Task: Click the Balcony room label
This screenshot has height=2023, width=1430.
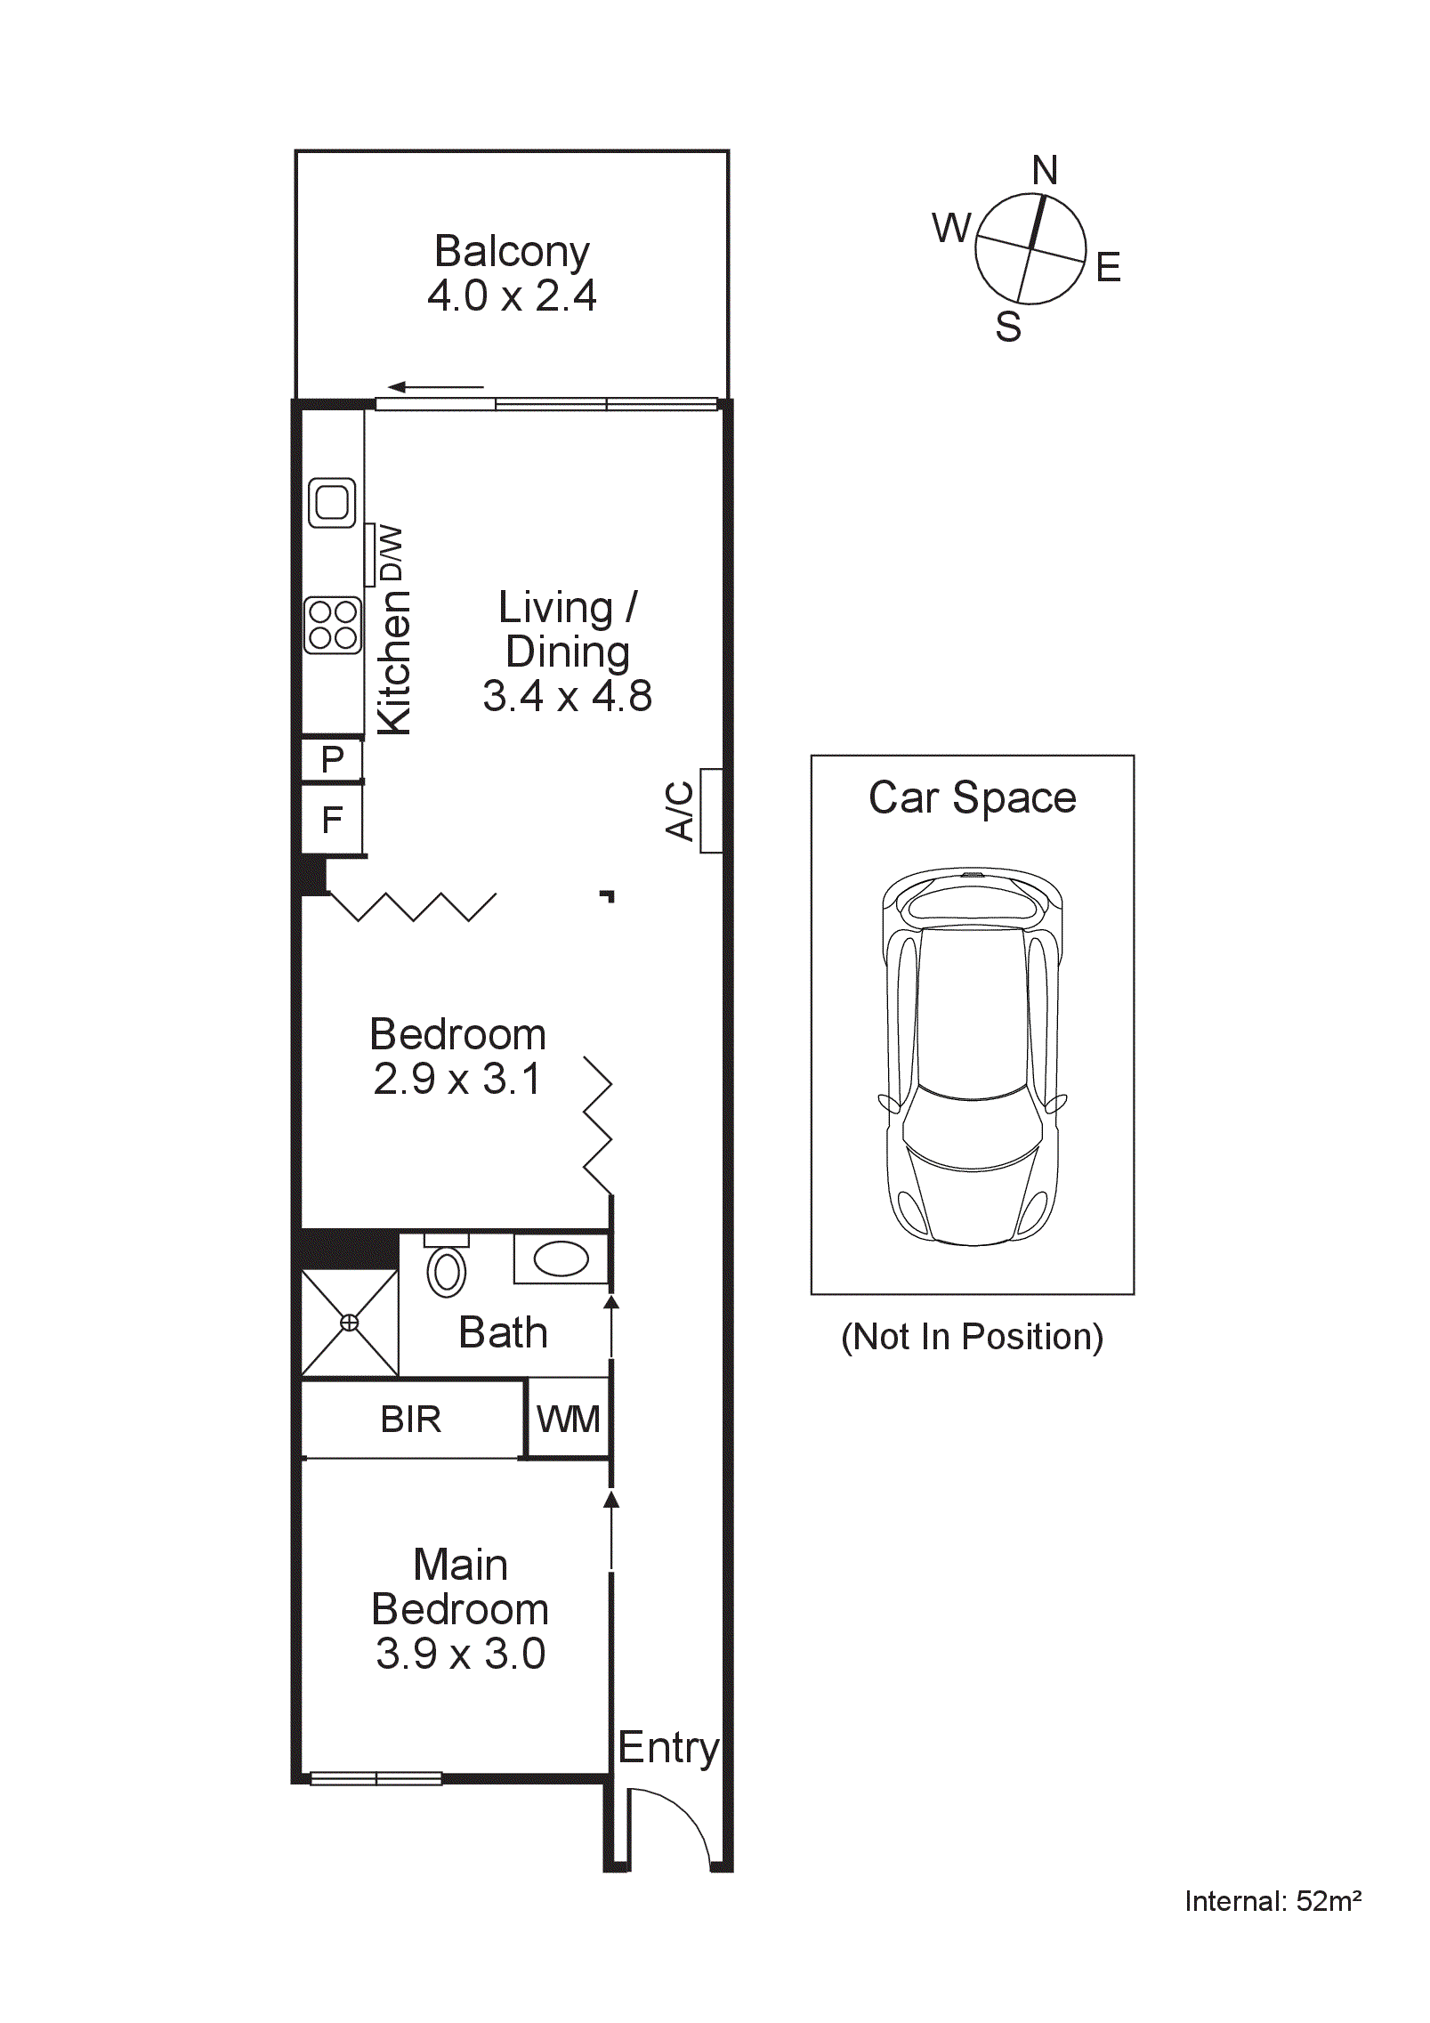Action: [511, 252]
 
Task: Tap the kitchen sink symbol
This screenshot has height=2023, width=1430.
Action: [332, 503]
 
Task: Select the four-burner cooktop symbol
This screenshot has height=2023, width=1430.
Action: [333, 625]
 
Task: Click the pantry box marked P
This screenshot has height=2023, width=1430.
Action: [332, 759]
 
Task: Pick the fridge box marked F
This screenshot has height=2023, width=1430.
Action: [332, 819]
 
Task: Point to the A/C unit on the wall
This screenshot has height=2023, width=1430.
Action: [710, 811]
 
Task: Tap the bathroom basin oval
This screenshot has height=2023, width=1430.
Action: [561, 1258]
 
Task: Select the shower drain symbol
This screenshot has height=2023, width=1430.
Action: [350, 1323]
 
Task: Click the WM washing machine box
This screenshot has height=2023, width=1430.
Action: [568, 1419]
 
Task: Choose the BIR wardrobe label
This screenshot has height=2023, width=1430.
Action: [410, 1419]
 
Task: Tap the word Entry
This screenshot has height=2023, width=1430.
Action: [667, 1747]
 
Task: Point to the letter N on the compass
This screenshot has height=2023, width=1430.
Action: [1045, 170]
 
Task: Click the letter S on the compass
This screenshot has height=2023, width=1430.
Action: [1008, 327]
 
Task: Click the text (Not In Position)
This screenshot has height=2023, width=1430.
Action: [972, 1337]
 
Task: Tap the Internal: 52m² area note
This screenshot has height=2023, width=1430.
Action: [1272, 1901]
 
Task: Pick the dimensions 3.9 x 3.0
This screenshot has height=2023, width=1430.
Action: [460, 1654]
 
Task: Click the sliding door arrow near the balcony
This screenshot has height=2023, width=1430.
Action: [436, 387]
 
